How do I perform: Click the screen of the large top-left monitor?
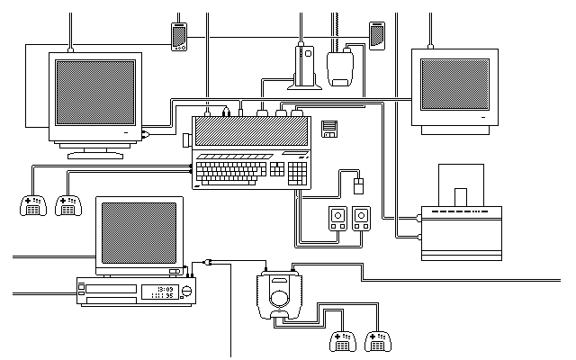coord(96,93)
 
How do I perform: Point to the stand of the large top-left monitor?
coord(95,150)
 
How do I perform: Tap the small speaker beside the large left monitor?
coord(178,37)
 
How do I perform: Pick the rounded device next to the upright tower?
coord(340,69)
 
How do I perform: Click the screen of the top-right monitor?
coord(456,87)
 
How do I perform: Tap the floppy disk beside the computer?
coord(330,128)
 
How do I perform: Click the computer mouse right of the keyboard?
coord(359,186)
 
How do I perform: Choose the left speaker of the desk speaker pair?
coord(337,218)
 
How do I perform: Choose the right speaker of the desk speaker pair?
coord(361,218)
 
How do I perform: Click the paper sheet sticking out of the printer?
coord(462,197)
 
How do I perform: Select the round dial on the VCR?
coord(187,291)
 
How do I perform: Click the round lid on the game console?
coord(283,297)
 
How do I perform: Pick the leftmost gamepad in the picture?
coord(32,206)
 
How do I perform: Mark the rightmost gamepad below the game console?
coord(379,341)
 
